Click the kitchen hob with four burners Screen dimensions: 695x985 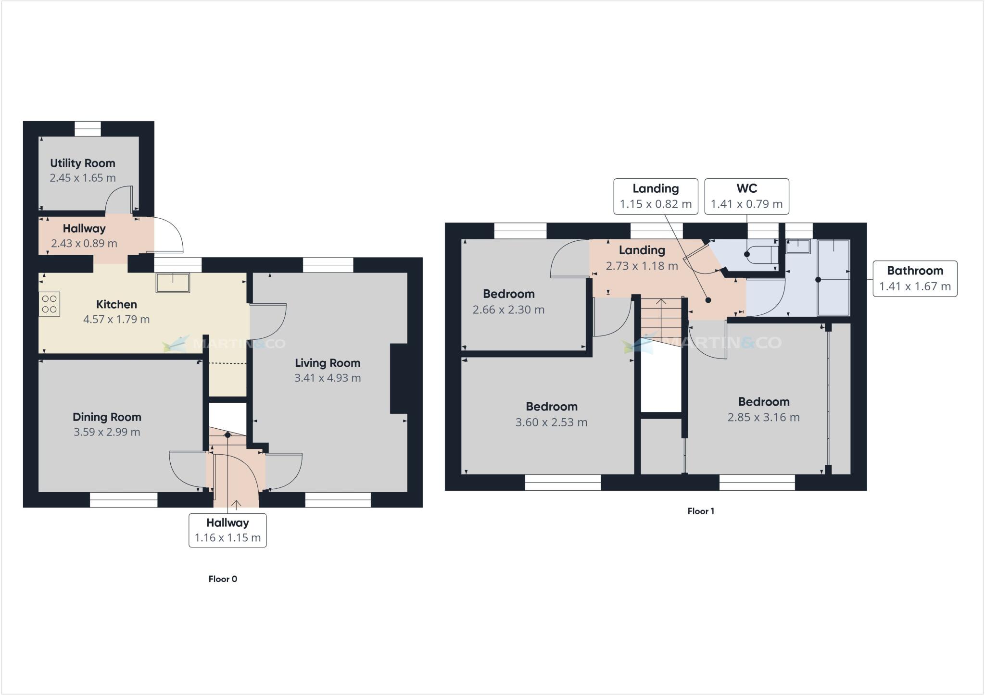point(50,304)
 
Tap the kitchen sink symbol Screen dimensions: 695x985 point(173,283)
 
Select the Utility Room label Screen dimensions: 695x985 point(83,163)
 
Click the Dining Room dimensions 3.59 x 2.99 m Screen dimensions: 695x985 point(107,432)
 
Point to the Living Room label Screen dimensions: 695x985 point(328,363)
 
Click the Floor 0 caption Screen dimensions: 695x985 point(223,579)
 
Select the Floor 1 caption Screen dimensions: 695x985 point(701,511)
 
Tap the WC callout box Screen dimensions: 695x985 point(746,196)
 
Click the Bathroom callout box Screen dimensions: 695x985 point(915,279)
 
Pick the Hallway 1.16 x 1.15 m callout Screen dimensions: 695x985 point(227,530)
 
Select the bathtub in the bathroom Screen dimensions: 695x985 point(834,278)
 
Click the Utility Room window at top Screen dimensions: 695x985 point(88,129)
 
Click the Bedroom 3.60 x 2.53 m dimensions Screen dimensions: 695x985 point(551,422)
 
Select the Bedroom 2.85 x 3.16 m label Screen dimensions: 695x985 point(763,402)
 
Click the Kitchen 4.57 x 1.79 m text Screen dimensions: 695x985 point(116,320)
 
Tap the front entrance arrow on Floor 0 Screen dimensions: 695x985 point(236,505)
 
